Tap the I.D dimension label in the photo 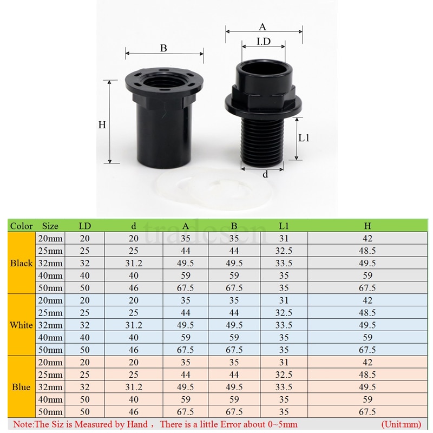[x=263, y=42]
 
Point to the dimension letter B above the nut [x=163, y=48]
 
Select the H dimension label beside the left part [x=102, y=124]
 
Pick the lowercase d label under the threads [x=265, y=174]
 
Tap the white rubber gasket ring [x=216, y=189]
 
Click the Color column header [x=22, y=226]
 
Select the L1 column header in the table [x=284, y=226]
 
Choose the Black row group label [x=22, y=264]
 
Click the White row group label [x=22, y=325]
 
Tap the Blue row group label [x=22, y=388]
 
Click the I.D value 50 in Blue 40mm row [x=85, y=400]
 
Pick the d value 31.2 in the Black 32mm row [x=134, y=264]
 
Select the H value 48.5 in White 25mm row [x=368, y=313]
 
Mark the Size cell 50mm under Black [x=50, y=288]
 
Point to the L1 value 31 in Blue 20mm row [x=284, y=363]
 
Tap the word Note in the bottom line [x=23, y=425]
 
